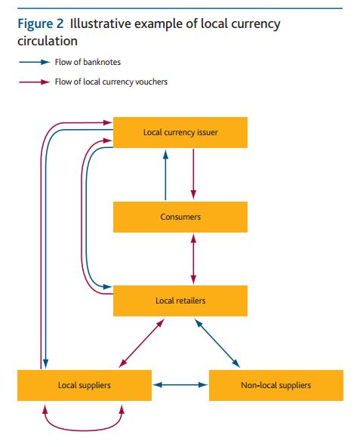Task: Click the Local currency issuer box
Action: point(180,132)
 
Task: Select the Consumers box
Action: point(180,217)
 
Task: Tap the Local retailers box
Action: point(180,301)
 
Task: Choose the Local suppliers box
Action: point(85,385)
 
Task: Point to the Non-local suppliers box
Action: point(275,385)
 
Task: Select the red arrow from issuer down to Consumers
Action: point(195,174)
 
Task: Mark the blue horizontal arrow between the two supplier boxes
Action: point(180,385)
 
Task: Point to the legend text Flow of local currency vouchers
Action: point(111,82)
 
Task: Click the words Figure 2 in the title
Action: point(41,23)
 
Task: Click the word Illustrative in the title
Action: point(102,23)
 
